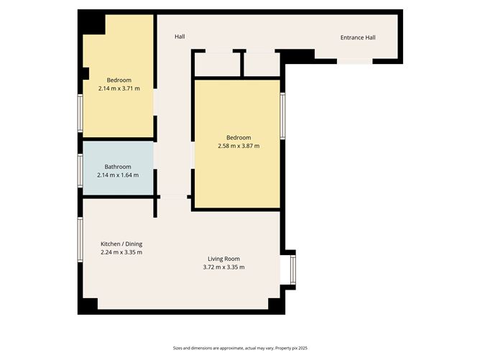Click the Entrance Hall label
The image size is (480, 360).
click(x=357, y=38)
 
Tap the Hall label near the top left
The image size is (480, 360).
click(x=180, y=37)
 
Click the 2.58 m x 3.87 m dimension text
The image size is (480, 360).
click(x=238, y=146)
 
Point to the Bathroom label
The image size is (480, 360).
click(x=118, y=167)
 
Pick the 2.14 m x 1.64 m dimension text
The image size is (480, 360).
click(x=118, y=175)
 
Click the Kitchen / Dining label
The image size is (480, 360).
click(x=121, y=244)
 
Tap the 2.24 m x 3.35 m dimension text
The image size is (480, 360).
click(x=121, y=252)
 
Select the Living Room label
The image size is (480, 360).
click(x=223, y=259)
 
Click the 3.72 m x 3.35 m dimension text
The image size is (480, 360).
click(x=223, y=267)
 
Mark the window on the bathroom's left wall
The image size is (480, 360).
click(x=80, y=170)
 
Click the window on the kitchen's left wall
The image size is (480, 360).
click(x=80, y=240)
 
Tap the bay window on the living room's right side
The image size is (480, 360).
click(x=292, y=269)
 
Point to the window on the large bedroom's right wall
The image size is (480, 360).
click(x=282, y=115)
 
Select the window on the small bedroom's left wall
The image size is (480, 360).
click(x=80, y=111)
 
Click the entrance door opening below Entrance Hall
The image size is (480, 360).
click(x=355, y=62)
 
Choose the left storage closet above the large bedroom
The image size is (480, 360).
click(x=216, y=64)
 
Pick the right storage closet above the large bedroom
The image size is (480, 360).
click(x=261, y=64)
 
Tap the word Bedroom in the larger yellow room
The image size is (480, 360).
click(x=238, y=138)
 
